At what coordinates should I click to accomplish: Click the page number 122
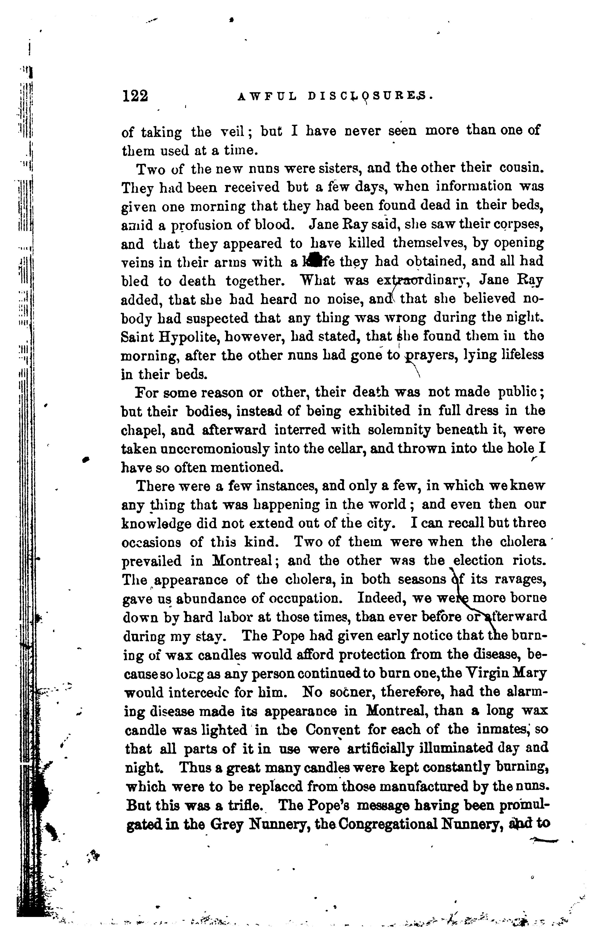tap(135, 96)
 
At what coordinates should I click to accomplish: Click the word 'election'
tap(478, 560)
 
